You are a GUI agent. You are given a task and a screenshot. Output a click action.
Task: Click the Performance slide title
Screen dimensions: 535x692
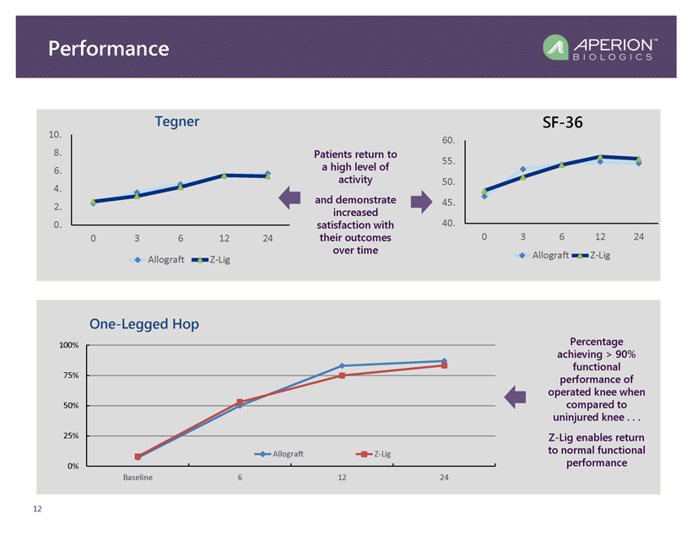point(108,49)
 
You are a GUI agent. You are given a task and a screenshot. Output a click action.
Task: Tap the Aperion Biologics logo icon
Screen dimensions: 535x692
point(556,49)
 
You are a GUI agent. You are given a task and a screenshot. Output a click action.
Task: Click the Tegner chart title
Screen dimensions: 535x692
point(176,122)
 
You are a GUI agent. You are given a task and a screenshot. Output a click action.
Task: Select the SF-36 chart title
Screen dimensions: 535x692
point(562,122)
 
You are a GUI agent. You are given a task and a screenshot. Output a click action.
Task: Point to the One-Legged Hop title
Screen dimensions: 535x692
point(144,324)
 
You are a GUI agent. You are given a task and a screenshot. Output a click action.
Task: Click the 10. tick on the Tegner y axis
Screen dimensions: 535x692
point(55,135)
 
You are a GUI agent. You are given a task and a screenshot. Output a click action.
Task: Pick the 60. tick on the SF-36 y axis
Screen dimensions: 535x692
point(448,140)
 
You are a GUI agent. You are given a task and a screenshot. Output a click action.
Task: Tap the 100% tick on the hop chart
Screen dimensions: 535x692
point(68,345)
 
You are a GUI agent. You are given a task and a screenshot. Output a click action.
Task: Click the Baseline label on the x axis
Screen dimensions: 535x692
point(138,478)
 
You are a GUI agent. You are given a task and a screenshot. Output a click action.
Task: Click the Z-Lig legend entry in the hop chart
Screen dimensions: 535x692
point(375,454)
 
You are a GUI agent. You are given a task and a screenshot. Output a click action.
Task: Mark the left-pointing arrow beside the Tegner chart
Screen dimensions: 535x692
point(289,199)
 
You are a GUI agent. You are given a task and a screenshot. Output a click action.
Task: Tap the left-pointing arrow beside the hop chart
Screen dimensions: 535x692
point(515,397)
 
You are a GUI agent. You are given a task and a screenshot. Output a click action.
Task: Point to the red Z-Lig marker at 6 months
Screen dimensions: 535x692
point(241,403)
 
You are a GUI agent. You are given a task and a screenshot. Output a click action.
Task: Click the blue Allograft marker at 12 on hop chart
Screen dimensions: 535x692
point(342,365)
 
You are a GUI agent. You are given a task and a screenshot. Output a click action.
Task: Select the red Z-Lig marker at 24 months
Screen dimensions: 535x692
point(444,365)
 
